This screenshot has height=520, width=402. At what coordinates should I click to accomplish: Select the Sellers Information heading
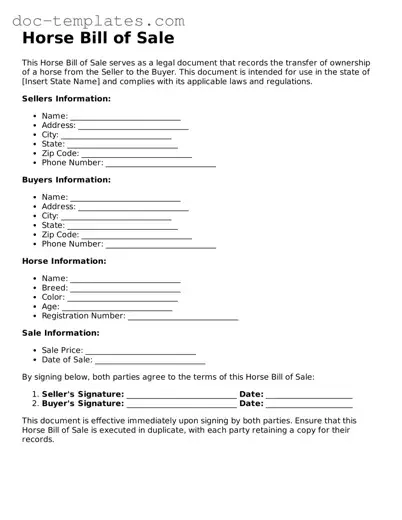coord(66,99)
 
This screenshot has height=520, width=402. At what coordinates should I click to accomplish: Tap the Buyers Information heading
coord(66,180)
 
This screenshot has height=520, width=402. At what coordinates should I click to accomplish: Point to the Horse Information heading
coord(64,261)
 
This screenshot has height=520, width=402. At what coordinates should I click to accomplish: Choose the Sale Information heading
coord(60,332)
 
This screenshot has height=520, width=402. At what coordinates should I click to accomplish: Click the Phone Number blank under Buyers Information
coord(160,244)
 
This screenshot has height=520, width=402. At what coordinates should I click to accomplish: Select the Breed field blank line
coord(124,288)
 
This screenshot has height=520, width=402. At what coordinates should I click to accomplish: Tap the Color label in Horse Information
coord(53,297)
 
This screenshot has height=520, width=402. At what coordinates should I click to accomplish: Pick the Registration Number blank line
coord(183,316)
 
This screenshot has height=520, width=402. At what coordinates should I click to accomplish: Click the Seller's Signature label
coord(82,394)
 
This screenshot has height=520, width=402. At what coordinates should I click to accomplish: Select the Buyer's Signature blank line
coord(181,404)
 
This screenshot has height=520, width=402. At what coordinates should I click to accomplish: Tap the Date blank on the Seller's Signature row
coord(309,395)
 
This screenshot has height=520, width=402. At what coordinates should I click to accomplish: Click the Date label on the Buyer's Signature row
coord(251,403)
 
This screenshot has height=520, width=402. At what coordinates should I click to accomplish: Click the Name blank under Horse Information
coord(125,279)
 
